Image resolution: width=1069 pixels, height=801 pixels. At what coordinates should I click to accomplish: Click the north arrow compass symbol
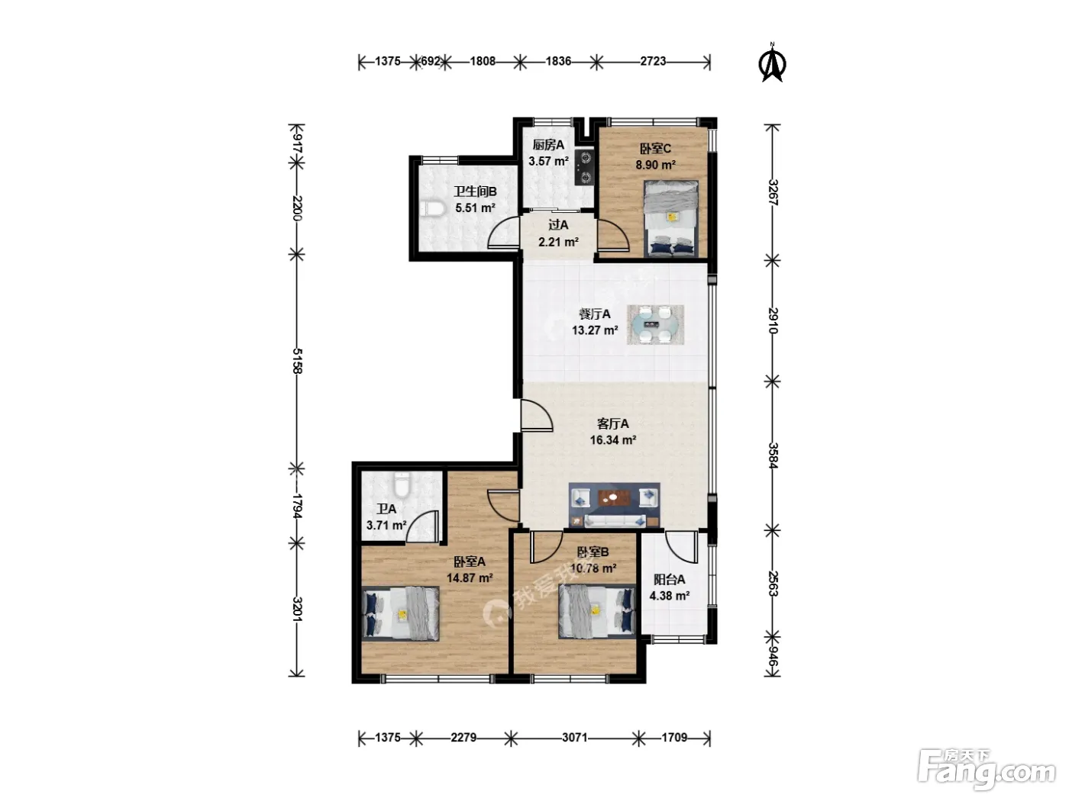[x=772, y=63]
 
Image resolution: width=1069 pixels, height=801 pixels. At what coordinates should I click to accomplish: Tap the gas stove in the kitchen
[x=584, y=168]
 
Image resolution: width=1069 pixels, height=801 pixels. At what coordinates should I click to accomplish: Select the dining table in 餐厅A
[x=655, y=324]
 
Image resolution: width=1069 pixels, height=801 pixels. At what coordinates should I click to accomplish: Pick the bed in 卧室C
[x=670, y=218]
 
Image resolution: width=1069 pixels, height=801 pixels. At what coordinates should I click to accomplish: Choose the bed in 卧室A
[x=401, y=613]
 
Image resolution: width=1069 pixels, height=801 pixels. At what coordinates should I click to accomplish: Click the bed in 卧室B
[x=597, y=611]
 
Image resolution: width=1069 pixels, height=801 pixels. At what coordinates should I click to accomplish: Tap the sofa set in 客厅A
[x=614, y=505]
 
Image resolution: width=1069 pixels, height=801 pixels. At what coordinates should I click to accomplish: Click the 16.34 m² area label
[x=612, y=440]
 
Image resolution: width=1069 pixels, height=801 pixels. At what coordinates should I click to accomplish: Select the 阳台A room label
[x=669, y=579]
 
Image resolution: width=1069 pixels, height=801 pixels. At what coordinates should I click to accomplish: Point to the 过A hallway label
[x=557, y=225]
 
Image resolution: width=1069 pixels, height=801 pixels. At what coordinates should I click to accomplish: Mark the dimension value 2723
[x=653, y=61]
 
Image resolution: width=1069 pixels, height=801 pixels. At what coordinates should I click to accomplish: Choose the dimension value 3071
[x=575, y=738]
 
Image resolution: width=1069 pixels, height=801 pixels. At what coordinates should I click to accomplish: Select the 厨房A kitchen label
[x=548, y=144]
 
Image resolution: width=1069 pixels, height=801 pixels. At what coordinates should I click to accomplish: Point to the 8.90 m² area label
[x=655, y=165]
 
